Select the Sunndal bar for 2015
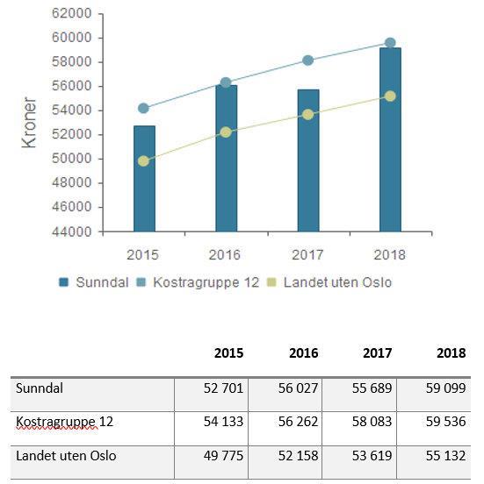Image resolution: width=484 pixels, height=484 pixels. [144, 178]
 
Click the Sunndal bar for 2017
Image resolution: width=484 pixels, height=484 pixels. [308, 160]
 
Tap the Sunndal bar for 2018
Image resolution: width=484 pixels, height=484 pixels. [390, 139]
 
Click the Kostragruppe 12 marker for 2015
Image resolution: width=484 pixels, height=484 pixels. [143, 109]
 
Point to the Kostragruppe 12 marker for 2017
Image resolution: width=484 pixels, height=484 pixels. [307, 60]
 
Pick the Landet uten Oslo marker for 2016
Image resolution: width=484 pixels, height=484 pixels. [226, 132]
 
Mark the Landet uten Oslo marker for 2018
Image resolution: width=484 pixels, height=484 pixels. [390, 96]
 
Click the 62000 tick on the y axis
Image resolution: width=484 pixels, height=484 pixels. [71, 13]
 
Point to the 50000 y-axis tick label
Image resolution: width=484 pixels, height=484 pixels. [71, 159]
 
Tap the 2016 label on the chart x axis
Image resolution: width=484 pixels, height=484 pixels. [225, 255]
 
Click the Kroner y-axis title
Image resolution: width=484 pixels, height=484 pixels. [29, 123]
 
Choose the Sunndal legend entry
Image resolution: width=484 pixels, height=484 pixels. [94, 282]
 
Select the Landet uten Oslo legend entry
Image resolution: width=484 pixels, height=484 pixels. [329, 282]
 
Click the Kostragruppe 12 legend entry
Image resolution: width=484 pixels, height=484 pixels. [198, 282]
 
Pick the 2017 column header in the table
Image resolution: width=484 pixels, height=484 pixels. [378, 353]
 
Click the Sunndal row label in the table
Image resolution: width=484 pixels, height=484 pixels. [40, 388]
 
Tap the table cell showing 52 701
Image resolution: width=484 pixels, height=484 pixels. [223, 388]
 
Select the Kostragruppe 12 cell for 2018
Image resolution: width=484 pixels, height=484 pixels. [445, 422]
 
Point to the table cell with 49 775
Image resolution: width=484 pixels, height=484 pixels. [223, 456]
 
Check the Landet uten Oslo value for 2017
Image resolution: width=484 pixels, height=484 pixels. [372, 456]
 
